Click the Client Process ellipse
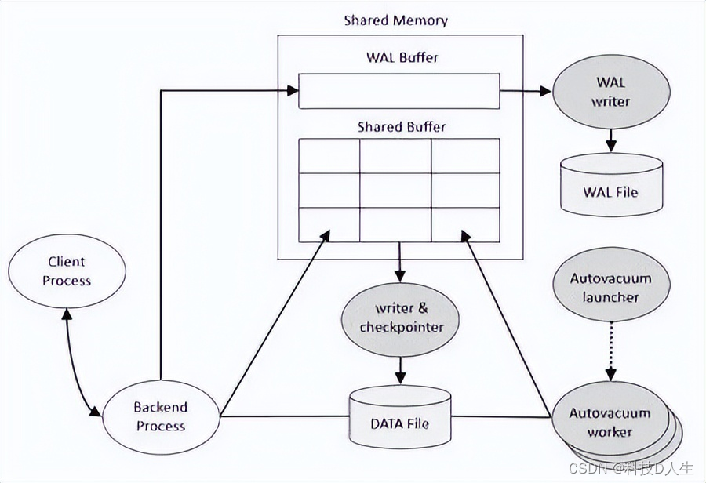tap(67, 271)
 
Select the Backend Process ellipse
tap(161, 417)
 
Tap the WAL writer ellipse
tap(611, 92)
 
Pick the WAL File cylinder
tap(611, 184)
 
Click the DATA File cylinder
tap(400, 416)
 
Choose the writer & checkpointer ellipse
tap(400, 319)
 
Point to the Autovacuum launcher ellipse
tap(611, 285)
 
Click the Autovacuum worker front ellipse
tap(610, 419)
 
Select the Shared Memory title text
tap(396, 20)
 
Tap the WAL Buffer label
tap(402, 57)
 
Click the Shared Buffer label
tap(402, 127)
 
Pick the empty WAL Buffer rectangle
tap(399, 91)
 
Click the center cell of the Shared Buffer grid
tap(396, 191)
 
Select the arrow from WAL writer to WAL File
tap(611, 141)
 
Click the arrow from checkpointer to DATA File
tap(400, 370)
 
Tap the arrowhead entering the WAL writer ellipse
tap(546, 92)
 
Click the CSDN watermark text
tap(631, 469)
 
